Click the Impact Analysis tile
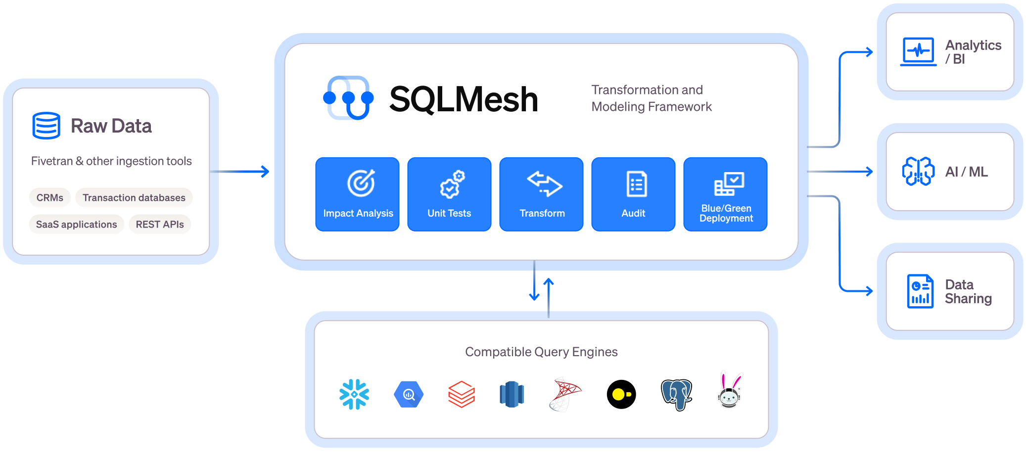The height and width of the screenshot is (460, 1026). click(x=357, y=194)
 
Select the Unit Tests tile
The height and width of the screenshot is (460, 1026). click(x=449, y=194)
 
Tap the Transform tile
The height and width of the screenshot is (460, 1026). click(x=541, y=194)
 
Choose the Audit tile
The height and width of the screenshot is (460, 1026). click(x=633, y=194)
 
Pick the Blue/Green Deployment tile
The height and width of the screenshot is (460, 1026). click(x=725, y=194)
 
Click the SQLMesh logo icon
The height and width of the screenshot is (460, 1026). click(x=348, y=98)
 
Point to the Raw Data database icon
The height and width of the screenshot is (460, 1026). click(x=47, y=126)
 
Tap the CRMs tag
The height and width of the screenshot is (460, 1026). click(x=50, y=198)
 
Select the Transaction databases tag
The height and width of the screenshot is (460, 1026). click(x=134, y=198)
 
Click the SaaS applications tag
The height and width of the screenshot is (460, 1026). click(x=77, y=225)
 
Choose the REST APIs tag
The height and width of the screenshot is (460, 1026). click(x=160, y=225)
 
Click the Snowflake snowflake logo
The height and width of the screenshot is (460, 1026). click(x=354, y=394)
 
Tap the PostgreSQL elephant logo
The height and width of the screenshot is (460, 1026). click(x=676, y=394)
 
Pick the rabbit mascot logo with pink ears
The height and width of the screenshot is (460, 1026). click(x=729, y=392)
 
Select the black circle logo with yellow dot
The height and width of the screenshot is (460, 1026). click(x=621, y=394)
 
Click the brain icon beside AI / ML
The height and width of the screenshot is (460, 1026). click(x=918, y=172)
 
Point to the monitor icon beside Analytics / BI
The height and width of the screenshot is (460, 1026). click(x=918, y=51)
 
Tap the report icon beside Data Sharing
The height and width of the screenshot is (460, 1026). click(x=920, y=291)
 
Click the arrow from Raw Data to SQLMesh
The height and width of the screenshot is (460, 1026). click(x=240, y=172)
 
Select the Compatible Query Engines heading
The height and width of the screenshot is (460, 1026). click(x=541, y=352)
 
